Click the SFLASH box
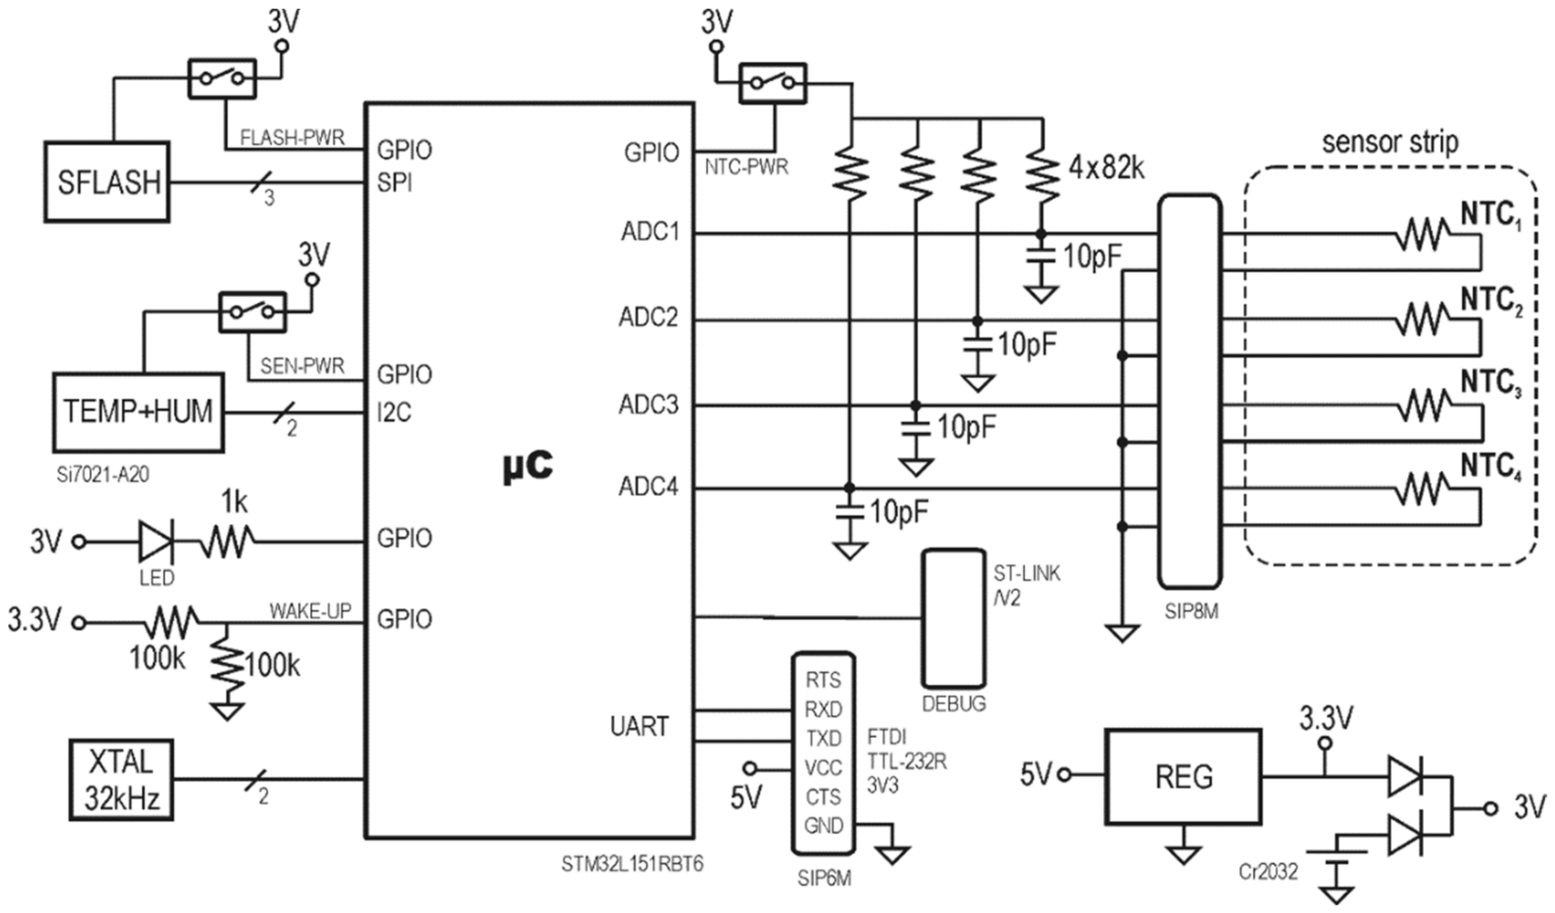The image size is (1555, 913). point(107,182)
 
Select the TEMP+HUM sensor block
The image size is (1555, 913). point(138,411)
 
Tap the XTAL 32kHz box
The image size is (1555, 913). point(121,780)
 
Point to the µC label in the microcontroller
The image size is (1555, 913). point(528,466)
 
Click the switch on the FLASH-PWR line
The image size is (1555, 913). point(222,78)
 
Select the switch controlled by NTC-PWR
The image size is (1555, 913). point(772,83)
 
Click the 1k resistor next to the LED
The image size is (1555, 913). point(226,542)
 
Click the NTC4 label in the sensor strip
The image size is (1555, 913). point(1490,467)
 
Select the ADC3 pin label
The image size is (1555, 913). point(648,405)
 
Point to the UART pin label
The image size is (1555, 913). point(639,726)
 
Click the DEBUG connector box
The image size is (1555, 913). point(953,618)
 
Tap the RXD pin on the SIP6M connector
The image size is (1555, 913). point(823,709)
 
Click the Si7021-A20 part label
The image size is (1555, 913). point(102,475)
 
